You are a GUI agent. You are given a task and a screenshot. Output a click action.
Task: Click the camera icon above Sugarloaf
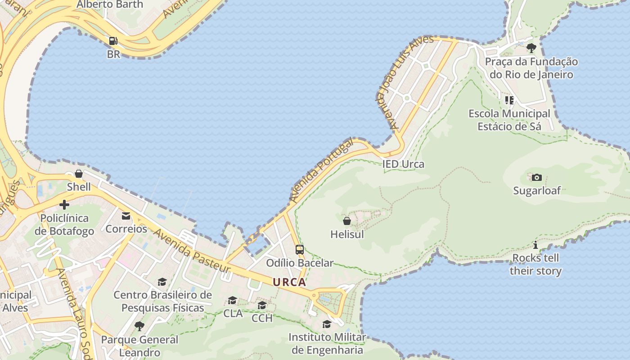click(x=536, y=177)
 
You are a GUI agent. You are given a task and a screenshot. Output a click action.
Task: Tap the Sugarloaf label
click(x=537, y=190)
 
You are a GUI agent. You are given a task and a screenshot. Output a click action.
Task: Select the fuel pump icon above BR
click(x=113, y=41)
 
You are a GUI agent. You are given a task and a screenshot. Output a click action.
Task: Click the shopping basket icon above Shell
click(x=79, y=174)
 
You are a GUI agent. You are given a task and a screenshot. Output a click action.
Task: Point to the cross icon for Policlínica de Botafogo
click(x=64, y=205)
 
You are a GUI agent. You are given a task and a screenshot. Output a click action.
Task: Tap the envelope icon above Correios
click(x=126, y=216)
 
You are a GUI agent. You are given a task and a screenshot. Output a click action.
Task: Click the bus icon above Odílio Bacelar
click(x=299, y=250)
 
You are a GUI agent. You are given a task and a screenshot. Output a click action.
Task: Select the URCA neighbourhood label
click(x=289, y=282)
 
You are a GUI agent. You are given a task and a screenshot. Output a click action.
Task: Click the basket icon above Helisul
click(x=347, y=221)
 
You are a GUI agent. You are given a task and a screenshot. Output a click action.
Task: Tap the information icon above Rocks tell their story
click(x=535, y=245)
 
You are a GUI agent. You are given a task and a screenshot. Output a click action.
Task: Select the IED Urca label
click(x=403, y=164)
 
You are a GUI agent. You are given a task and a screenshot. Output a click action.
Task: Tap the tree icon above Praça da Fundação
click(x=531, y=48)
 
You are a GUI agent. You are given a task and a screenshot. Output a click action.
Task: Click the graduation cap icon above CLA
click(x=233, y=300)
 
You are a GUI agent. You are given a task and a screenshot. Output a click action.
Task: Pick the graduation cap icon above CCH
click(x=262, y=306)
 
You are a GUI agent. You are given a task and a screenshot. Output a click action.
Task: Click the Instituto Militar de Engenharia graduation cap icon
click(x=327, y=324)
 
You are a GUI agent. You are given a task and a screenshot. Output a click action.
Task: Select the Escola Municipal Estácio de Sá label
click(x=509, y=120)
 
